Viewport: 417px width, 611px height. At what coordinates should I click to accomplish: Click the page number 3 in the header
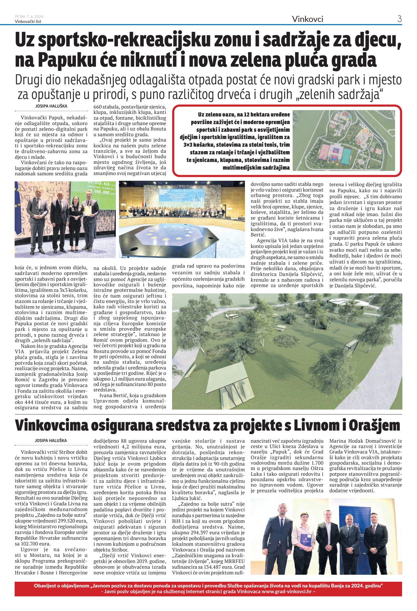[x=399, y=19]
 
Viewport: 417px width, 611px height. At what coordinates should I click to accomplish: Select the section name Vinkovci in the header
[x=307, y=19]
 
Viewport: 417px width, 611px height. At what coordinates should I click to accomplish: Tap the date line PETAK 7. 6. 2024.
[x=29, y=16]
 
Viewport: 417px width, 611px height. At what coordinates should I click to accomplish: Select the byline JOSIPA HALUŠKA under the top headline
[x=51, y=106]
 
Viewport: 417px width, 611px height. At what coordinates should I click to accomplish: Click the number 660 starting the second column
[x=98, y=107]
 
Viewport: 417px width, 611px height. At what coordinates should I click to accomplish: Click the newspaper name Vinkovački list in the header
[x=28, y=21]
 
